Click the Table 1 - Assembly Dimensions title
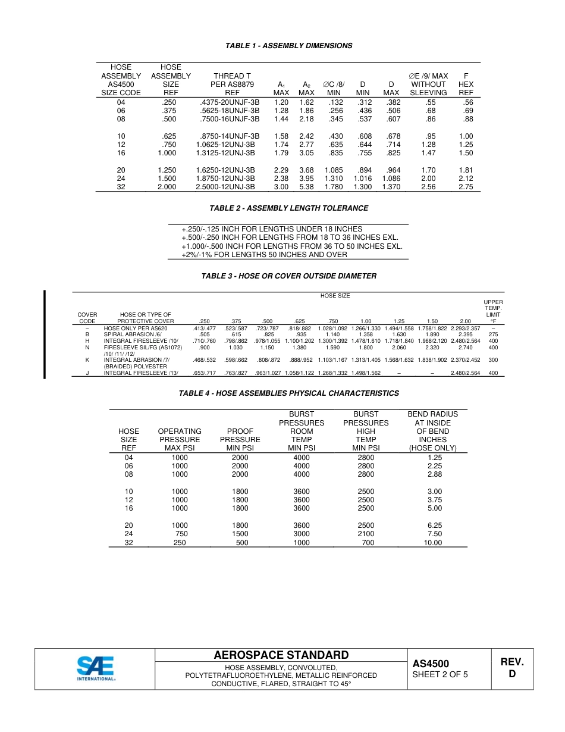288,46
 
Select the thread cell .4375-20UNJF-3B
230,102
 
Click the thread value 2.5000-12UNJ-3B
225,187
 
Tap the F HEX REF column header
466,85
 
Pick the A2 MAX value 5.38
306,187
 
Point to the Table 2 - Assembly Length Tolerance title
288,208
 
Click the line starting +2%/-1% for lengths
264,255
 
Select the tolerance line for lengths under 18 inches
272,229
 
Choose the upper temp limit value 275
493,334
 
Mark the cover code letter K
87,360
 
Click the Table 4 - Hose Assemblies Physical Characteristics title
288,393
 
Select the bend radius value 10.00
432,543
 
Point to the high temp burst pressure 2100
366,534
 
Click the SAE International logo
95,669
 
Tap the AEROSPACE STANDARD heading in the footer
281,655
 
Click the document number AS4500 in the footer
431,664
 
